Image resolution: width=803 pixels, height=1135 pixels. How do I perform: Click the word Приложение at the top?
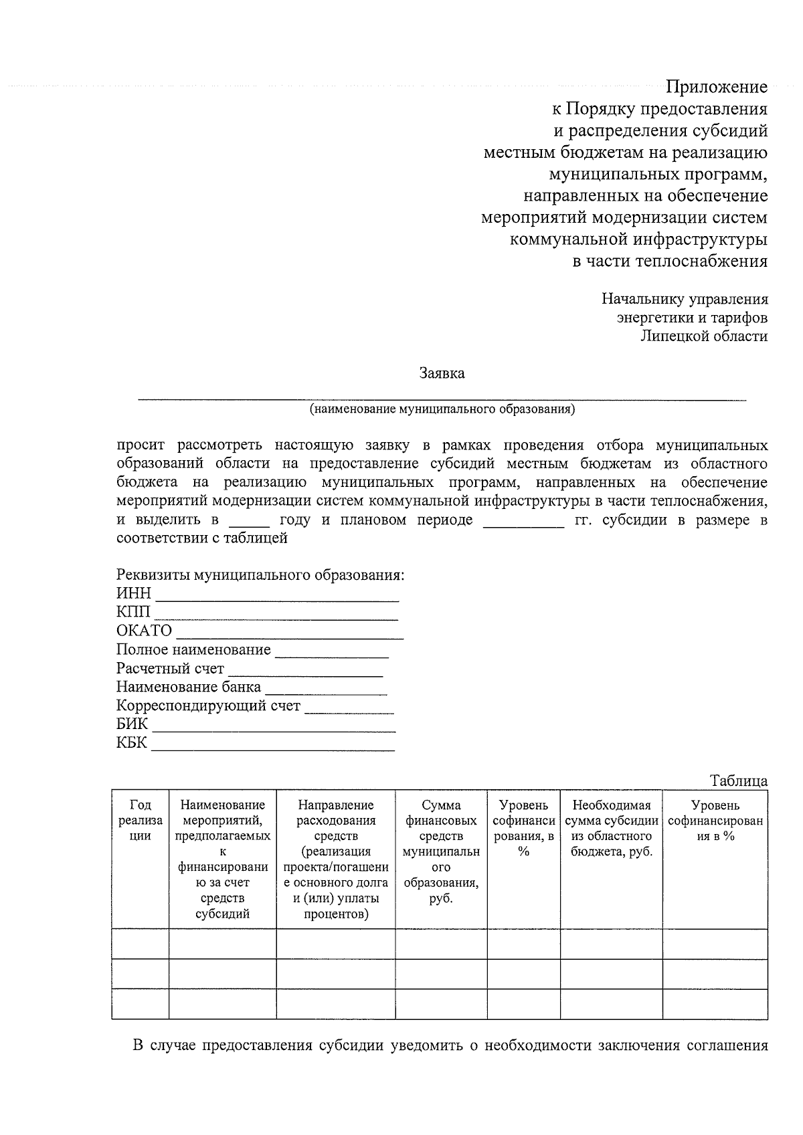coord(716,87)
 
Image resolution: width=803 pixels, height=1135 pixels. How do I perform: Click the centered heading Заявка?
coord(442,373)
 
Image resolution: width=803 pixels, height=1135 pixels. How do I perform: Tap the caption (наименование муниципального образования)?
coord(442,409)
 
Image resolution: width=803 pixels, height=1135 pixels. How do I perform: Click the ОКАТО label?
coord(144,631)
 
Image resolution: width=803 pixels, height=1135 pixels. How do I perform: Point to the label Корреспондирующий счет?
coord(208,706)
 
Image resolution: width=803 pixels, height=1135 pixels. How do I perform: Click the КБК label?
coord(131,743)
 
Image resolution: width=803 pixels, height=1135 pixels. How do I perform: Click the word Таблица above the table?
coord(739,781)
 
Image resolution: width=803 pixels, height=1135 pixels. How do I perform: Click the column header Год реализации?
coord(140,820)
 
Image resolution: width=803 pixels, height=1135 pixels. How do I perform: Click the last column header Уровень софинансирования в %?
coord(715,821)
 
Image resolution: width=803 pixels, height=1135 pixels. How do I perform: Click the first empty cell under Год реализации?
coord(140,944)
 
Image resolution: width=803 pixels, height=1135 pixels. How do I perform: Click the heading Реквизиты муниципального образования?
coord(260,575)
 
